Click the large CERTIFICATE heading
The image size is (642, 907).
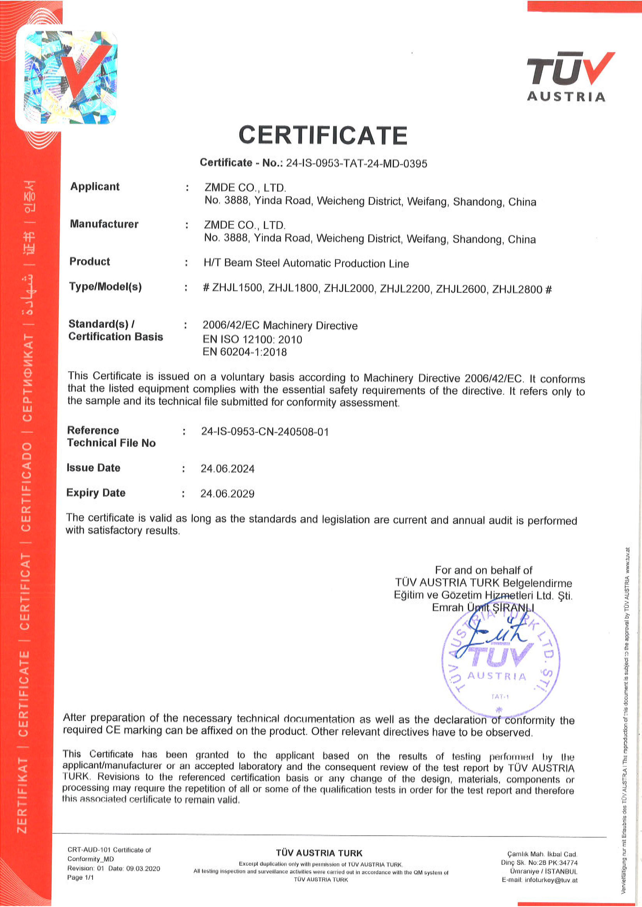[x=323, y=135]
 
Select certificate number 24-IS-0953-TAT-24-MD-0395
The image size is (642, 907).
[x=356, y=164]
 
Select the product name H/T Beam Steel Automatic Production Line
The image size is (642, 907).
[x=306, y=264]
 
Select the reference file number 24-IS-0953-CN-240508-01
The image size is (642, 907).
[x=265, y=431]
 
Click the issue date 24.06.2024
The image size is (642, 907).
[x=227, y=469]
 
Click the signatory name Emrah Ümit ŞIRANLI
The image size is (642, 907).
[x=483, y=608]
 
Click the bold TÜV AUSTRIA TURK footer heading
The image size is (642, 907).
[x=319, y=853]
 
